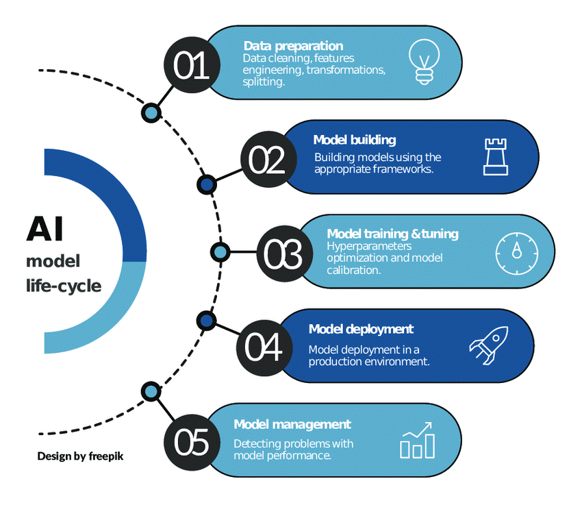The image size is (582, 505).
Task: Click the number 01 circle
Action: coord(192,66)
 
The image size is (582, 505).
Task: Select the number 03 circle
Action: coord(283,254)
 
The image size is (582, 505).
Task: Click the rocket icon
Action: coord(488,343)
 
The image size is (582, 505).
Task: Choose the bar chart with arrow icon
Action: coord(417,440)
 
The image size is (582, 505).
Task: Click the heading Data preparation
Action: coord(293,46)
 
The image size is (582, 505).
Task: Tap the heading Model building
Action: coord(355,140)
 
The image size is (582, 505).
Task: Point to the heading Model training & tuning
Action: coord(392,234)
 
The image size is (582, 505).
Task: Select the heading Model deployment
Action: coord(361,330)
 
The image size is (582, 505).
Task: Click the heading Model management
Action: coord(292,425)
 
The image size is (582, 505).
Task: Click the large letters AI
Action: coord(45,229)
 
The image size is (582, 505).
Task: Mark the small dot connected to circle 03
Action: coord(219,252)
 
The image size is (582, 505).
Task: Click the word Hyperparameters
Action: coord(369,246)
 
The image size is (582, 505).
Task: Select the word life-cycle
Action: coord(64,285)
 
